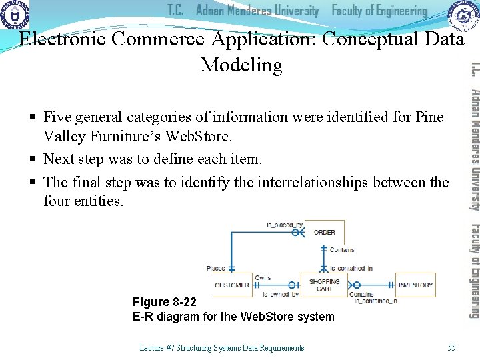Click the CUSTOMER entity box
click(232, 285)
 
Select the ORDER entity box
click(324, 232)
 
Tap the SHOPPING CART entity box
click(324, 285)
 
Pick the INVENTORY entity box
click(415, 285)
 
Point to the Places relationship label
click(216, 268)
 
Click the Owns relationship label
click(263, 277)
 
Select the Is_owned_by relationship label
click(281, 293)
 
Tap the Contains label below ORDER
click(342, 250)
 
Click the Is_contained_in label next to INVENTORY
click(375, 301)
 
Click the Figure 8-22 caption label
click(165, 302)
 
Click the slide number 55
click(452, 347)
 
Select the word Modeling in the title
click(241, 65)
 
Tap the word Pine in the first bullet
click(429, 117)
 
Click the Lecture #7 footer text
click(221, 347)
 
